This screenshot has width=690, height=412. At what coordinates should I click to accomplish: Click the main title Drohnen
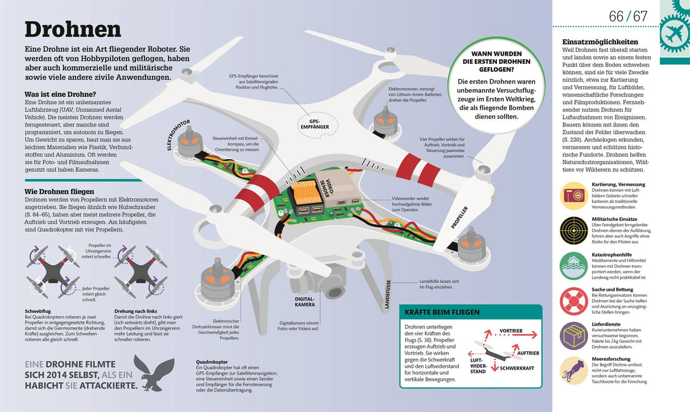(x=72, y=29)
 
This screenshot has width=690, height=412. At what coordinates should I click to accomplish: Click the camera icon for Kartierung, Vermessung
(x=573, y=195)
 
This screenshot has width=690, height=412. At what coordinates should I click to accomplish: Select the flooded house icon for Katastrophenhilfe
(x=573, y=264)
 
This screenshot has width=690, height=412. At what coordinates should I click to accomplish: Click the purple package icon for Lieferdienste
(x=573, y=335)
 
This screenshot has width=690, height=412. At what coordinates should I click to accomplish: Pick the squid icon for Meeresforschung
(x=573, y=370)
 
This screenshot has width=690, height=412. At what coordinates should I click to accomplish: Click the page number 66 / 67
(x=628, y=16)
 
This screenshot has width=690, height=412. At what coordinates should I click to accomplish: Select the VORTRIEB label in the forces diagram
(x=511, y=332)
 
